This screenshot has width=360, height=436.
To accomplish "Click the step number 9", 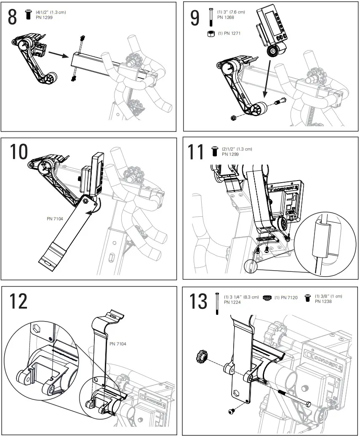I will click(195, 18).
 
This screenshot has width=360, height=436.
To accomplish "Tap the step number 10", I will click(19, 152).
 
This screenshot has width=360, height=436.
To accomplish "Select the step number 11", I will click(196, 152).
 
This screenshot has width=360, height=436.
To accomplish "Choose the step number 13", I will click(198, 301).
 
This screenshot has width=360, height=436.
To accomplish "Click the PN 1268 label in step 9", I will click(226, 17).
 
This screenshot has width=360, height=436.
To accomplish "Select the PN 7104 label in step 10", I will click(56, 218).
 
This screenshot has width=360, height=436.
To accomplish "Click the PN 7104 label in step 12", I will click(118, 343).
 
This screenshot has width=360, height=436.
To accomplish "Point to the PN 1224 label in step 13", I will click(232, 302).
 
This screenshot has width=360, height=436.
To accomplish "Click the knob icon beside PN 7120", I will click(267, 298).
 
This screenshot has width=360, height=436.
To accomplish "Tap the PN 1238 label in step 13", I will click(323, 301).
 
